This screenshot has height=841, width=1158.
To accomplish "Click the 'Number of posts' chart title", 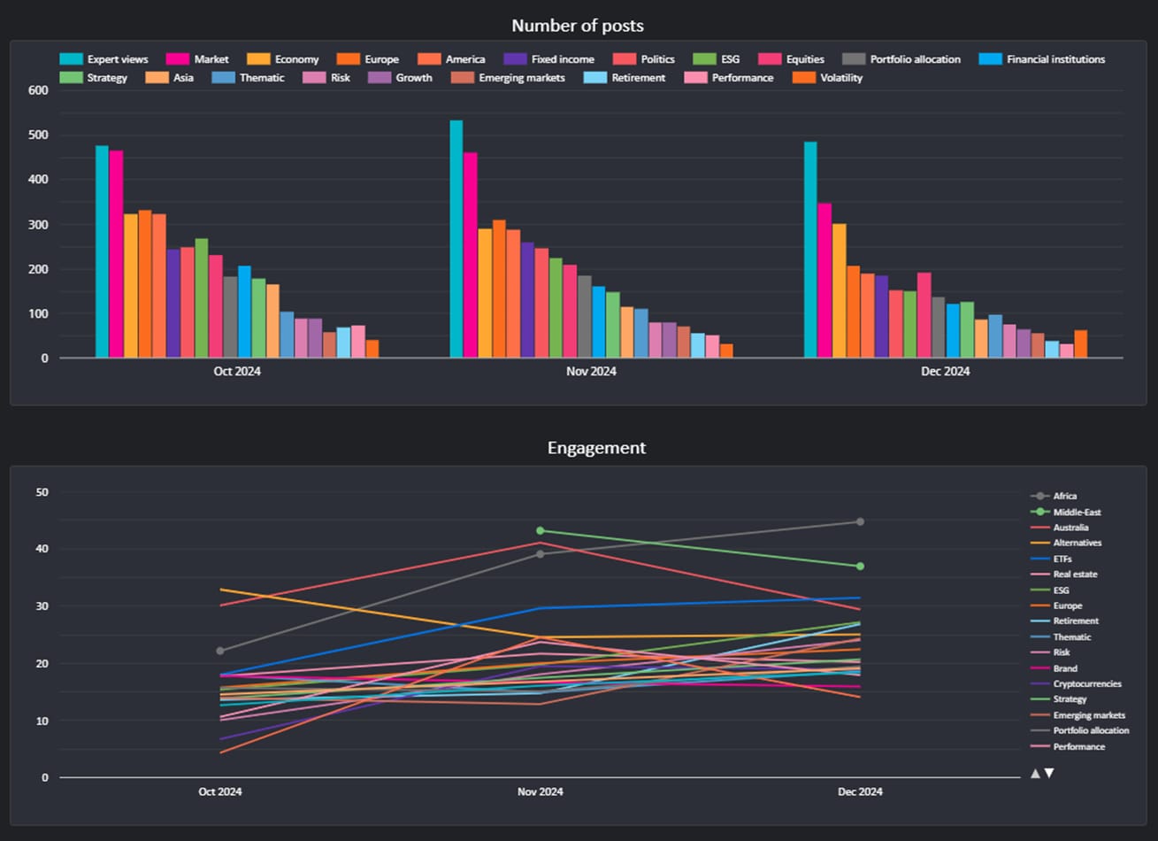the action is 578,26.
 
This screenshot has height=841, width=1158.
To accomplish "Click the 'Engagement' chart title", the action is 596,448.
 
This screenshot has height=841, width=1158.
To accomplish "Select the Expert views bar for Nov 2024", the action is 456,239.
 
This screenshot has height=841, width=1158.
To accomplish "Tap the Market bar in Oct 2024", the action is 116,254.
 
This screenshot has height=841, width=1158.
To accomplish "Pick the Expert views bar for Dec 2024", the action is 810,250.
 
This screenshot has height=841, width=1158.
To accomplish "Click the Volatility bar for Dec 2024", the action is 1080,343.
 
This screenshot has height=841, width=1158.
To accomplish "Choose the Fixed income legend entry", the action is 549,59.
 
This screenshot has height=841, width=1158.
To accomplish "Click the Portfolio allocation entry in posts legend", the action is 901,59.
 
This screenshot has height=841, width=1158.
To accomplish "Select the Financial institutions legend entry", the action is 1042,59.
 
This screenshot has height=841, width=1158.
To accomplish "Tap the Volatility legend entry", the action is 827,78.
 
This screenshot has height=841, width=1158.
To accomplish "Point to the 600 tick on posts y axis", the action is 38,90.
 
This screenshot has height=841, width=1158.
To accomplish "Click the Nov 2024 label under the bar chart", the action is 591,371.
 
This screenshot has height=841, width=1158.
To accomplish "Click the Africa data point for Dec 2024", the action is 860,522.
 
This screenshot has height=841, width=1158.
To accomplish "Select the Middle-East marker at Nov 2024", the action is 541,530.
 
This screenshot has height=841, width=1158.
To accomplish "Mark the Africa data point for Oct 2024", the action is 220,651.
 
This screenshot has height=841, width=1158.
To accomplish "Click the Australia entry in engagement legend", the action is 1059,528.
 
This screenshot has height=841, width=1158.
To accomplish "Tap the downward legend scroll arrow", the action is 1049,773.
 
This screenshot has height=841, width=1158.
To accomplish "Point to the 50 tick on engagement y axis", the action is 42,492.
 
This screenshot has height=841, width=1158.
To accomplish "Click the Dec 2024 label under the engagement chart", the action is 860,791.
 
